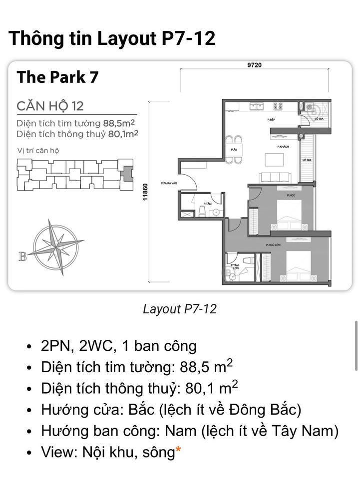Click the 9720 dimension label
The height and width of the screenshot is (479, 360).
coord(254,65)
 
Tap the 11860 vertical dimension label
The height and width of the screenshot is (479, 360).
coord(146,192)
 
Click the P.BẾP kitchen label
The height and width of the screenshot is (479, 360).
coord(272,120)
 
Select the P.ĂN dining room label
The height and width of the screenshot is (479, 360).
coord(234,150)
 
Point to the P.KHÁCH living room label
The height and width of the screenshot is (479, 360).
coord(284,147)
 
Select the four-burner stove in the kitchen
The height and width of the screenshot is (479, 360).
coord(278,106)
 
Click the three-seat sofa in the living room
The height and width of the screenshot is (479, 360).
coord(275,177)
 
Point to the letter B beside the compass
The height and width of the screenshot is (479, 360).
coord(22,257)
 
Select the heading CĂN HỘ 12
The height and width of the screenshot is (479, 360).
coord(50,106)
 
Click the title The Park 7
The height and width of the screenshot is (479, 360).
coord(57,77)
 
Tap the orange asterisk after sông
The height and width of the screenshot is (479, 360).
coord(178,452)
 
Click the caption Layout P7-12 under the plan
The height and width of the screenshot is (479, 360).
coord(180,309)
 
